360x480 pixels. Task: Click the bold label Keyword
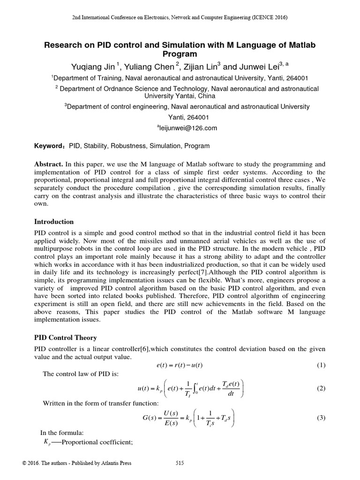click(x=48, y=146)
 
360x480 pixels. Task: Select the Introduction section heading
click(x=54, y=221)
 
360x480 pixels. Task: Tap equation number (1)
click(x=321, y=365)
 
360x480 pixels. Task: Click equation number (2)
click(x=321, y=389)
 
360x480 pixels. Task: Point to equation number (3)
click(x=321, y=418)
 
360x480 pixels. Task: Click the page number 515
click(x=180, y=463)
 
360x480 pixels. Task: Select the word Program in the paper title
click(x=180, y=54)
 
